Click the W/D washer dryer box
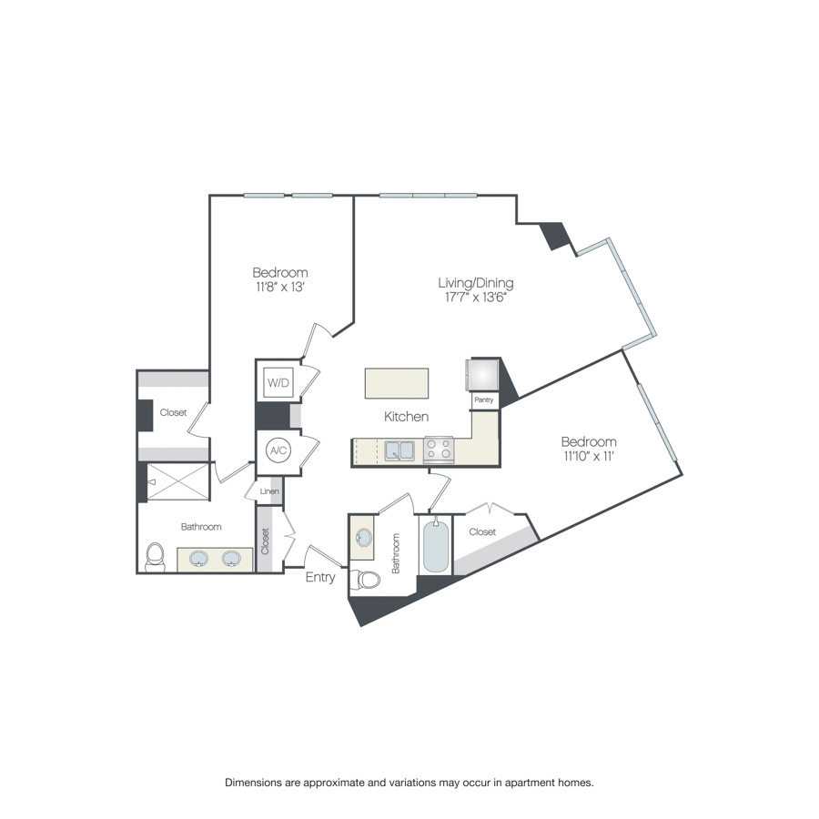click(x=278, y=383)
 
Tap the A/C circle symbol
click(x=278, y=450)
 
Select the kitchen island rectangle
click(x=396, y=383)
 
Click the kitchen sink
click(x=399, y=450)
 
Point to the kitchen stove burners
click(x=440, y=450)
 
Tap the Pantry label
click(x=483, y=399)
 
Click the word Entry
click(x=319, y=577)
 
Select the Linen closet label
click(x=269, y=492)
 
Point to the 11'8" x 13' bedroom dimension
click(x=279, y=288)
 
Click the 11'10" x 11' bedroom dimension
click(x=589, y=457)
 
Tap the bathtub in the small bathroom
click(x=436, y=546)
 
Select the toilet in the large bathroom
click(x=156, y=556)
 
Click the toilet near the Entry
click(x=368, y=579)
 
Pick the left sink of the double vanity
click(x=199, y=558)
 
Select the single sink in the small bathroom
click(x=362, y=537)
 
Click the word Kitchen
click(x=406, y=417)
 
